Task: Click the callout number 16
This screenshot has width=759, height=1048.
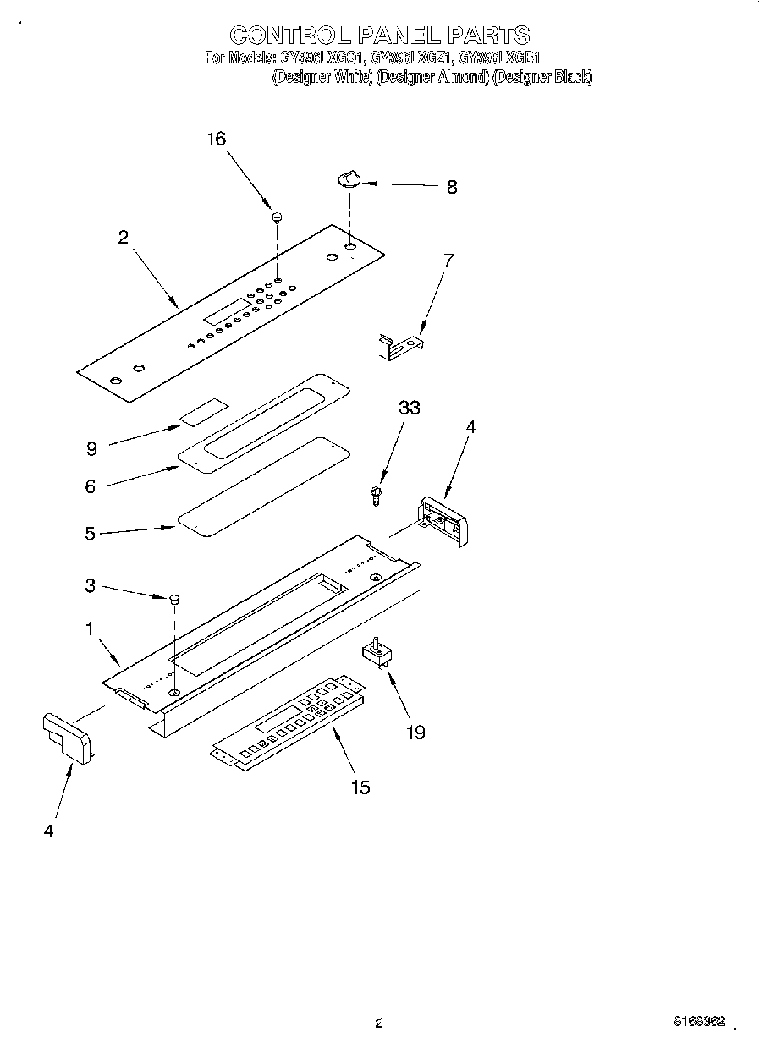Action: point(217,139)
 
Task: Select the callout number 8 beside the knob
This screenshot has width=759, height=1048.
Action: point(452,188)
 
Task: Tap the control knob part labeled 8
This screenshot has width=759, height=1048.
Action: point(349,178)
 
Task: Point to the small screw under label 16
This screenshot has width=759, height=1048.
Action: point(277,217)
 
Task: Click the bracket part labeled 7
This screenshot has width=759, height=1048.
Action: point(399,344)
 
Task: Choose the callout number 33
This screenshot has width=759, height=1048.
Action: point(410,408)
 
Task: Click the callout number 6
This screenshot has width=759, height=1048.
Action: point(91,486)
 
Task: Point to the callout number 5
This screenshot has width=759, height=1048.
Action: point(90,534)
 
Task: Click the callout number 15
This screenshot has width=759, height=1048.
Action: point(360,787)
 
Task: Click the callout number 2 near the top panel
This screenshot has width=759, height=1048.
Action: point(124,238)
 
